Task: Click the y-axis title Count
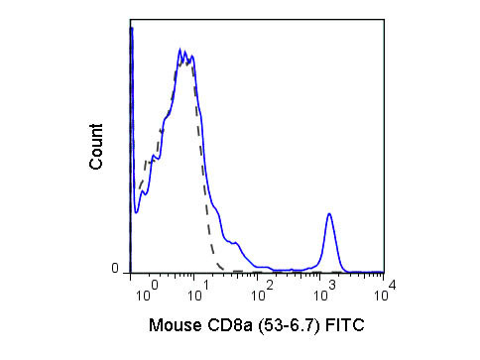tap(96, 147)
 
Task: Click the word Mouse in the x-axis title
tap(175, 324)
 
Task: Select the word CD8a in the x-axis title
tap(228, 324)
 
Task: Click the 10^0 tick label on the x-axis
tap(148, 294)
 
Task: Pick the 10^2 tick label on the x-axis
tap(264, 294)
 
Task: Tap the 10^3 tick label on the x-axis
tap(326, 294)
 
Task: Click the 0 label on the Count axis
tap(115, 268)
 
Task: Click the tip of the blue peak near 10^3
tap(329, 213)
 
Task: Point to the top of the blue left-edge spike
tap(132, 29)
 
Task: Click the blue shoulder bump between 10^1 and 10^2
tap(235, 242)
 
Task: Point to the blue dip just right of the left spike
tap(136, 210)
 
